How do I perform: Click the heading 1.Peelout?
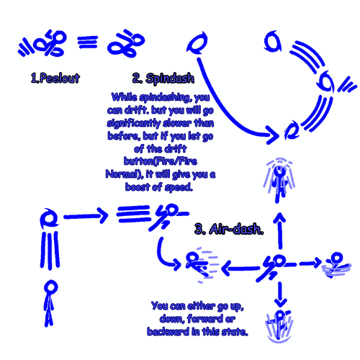pyautogui.click(x=55, y=78)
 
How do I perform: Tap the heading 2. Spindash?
pyautogui.click(x=163, y=78)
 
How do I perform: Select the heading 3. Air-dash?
pyautogui.click(x=229, y=229)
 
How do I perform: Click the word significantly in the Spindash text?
pyautogui.click(x=133, y=123)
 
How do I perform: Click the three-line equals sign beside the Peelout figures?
pyautogui.click(x=88, y=42)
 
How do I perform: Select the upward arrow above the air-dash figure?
pyautogui.click(x=280, y=230)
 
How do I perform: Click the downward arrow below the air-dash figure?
pyautogui.click(x=280, y=294)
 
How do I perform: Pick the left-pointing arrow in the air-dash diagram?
pyautogui.click(x=240, y=268)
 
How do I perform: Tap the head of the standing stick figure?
pyautogui.click(x=51, y=287)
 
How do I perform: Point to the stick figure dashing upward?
pyautogui.click(x=279, y=180)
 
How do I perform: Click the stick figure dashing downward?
pyautogui.click(x=279, y=326)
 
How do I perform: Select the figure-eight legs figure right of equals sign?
pyautogui.click(x=126, y=44)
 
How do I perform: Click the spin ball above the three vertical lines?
pyautogui.click(x=49, y=218)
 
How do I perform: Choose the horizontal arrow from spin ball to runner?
pyautogui.click(x=86, y=216)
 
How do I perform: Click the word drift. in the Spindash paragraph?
pyautogui.click(x=136, y=110)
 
